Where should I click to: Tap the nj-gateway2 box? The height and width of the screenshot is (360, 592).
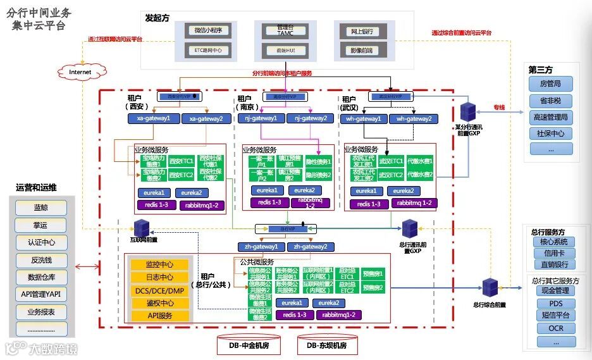click(310, 118)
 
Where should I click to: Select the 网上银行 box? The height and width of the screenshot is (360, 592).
click(361, 30)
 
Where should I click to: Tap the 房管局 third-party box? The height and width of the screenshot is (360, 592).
click(550, 84)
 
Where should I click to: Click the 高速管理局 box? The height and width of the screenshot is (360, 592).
click(550, 117)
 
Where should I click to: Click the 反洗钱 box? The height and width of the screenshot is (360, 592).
click(40, 260)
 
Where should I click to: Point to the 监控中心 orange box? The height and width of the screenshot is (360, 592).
click(159, 264)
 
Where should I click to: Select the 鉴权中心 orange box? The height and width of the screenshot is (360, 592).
click(159, 303)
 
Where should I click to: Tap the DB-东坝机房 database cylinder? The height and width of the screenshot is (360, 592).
click(327, 345)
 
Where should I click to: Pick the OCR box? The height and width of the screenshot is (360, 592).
click(556, 328)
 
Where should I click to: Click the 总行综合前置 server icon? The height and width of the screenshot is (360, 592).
click(490, 288)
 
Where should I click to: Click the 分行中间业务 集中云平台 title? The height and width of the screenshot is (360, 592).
click(38, 19)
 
